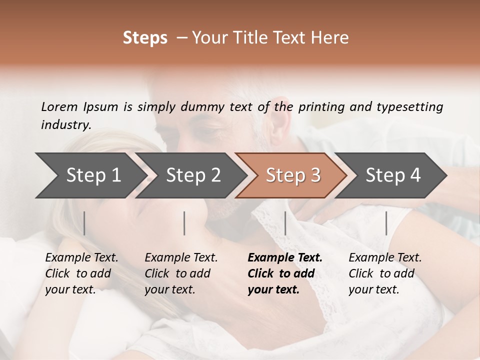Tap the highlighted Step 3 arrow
[293, 175]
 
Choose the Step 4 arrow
[393, 175]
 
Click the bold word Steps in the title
[145, 38]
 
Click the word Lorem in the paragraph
[59, 106]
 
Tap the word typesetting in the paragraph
[409, 107]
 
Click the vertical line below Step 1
[84, 223]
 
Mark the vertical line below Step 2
[184, 223]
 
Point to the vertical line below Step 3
[285, 223]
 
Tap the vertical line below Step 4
[386, 223]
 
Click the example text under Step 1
[81, 273]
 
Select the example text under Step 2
[181, 273]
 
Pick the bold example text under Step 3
[285, 273]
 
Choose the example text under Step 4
[385, 273]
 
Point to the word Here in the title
[332, 38]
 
